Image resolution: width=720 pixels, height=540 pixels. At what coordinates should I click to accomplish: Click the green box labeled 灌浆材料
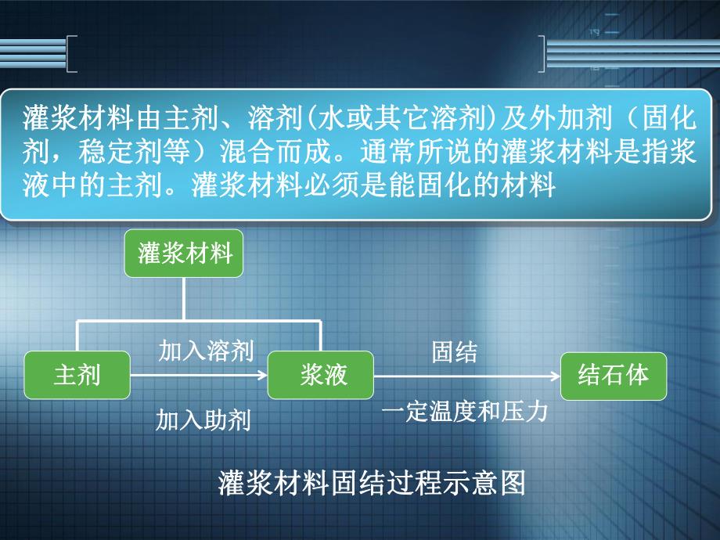[184, 254]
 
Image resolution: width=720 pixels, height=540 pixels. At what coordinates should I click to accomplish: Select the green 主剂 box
[77, 375]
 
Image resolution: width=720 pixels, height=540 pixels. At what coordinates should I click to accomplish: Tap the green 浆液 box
[321, 375]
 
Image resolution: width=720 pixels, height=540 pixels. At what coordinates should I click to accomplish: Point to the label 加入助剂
[203, 420]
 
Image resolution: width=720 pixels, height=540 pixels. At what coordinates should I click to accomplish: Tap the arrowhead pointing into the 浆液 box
[262, 376]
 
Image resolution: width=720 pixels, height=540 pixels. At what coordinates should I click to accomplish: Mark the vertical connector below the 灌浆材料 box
[184, 297]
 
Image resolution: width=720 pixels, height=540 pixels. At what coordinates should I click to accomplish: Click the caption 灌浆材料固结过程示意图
[371, 484]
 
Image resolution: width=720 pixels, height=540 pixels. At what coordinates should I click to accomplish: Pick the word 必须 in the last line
[330, 186]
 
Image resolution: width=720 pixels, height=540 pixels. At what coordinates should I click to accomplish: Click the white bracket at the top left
[71, 54]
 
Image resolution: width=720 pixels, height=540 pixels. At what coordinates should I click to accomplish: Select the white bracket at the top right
[542, 54]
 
